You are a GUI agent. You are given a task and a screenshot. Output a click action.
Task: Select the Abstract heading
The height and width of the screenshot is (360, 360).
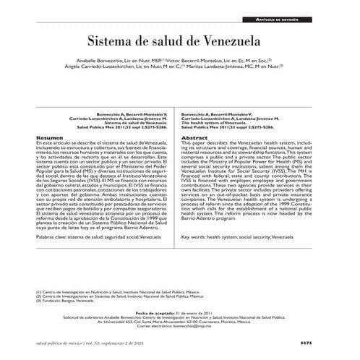pos(194,137)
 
